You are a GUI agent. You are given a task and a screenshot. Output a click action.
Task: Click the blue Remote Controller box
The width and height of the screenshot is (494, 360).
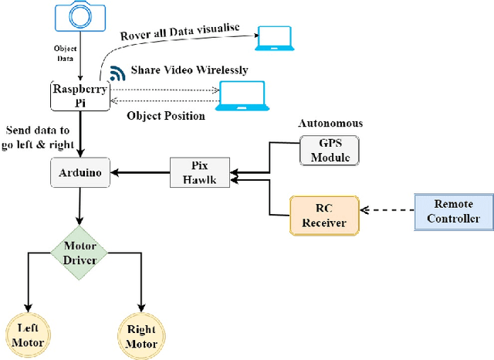click(x=452, y=211)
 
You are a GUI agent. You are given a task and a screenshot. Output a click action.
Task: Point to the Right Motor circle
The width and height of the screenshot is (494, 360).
click(x=141, y=335)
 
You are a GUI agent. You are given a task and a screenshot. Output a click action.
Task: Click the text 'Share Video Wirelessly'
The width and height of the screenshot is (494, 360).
click(x=189, y=70)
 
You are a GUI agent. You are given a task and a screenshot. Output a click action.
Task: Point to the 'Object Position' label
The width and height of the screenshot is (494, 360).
click(x=165, y=116)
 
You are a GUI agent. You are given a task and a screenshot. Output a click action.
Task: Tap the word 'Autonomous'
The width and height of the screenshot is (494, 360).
click(x=330, y=124)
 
